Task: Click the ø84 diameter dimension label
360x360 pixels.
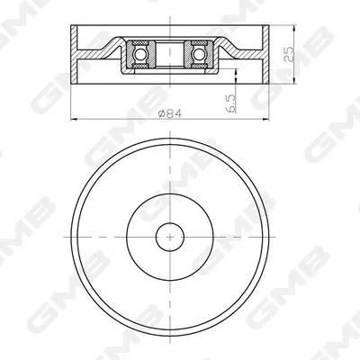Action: point(170,114)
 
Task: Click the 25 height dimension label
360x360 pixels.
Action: point(289,54)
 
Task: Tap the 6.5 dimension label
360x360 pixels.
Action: point(231,103)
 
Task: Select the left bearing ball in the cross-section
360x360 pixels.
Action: point(140,55)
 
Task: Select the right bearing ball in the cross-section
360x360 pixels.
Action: point(199,55)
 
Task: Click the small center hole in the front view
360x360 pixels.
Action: point(170,237)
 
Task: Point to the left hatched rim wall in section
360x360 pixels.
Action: point(74,54)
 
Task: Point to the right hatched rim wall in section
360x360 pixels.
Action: point(265,54)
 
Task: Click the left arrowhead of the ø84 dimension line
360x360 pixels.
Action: point(73,120)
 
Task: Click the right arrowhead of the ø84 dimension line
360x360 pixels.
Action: point(266,120)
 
